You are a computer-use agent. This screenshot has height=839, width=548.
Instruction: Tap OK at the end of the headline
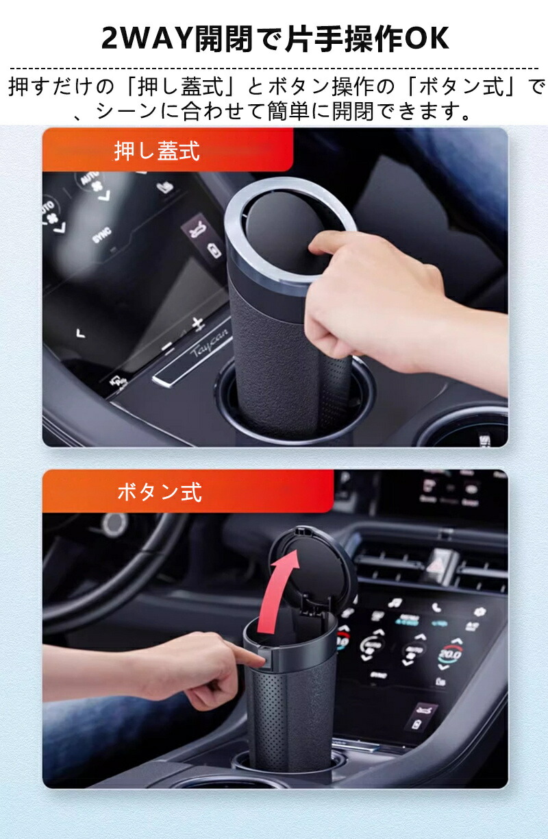tap(427, 38)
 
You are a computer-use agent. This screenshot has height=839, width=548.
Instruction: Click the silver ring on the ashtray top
tap(290, 229)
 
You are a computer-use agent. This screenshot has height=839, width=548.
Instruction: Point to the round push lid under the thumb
tap(283, 228)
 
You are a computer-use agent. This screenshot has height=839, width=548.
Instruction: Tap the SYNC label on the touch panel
tap(102, 235)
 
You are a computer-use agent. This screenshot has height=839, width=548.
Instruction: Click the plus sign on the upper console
tap(197, 324)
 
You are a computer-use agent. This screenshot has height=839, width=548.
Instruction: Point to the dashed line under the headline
tap(274, 69)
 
